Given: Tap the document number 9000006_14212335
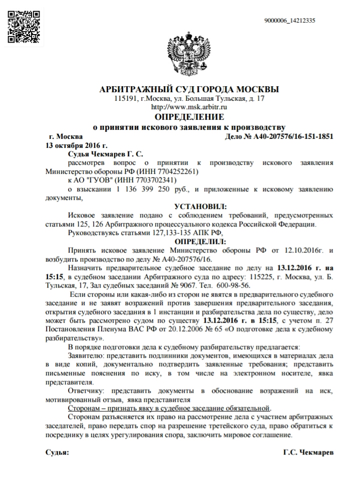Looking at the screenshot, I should tap(289, 21).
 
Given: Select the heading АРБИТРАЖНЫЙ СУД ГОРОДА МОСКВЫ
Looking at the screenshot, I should tap(182, 90).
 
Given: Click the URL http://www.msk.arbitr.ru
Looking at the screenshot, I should tap(182, 107).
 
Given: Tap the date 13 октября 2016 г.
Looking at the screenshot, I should tap(70, 145).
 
